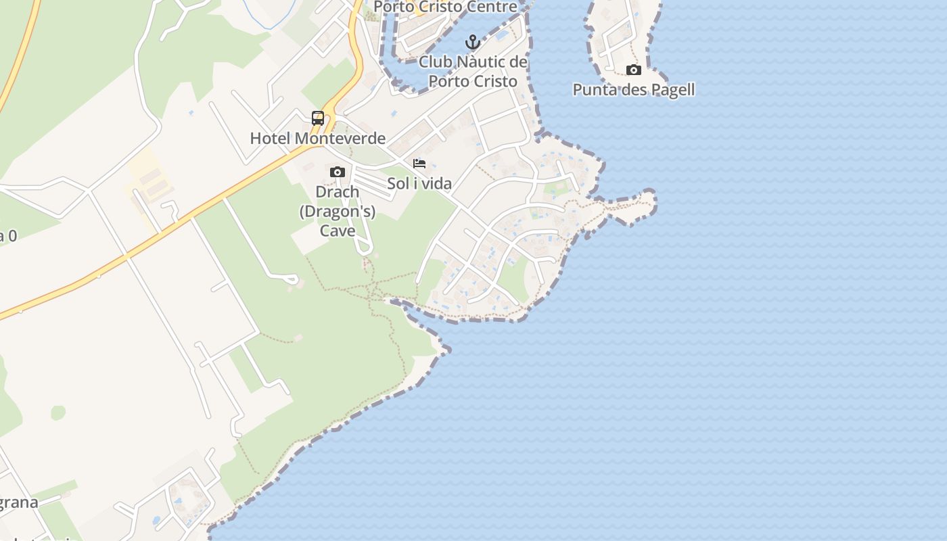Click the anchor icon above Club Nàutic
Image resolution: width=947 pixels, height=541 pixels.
click(472, 43)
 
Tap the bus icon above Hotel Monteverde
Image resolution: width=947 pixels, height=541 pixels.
click(318, 118)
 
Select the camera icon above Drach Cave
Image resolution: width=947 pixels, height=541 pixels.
click(338, 172)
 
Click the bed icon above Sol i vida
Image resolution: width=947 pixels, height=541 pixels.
click(419, 164)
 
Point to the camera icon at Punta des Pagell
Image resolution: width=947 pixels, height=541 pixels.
click(634, 70)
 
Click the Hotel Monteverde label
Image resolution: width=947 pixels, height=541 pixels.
click(318, 139)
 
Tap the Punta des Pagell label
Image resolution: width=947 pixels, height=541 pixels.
click(634, 90)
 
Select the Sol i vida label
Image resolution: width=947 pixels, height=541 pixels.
click(419, 183)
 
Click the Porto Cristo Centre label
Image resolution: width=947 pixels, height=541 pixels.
click(445, 7)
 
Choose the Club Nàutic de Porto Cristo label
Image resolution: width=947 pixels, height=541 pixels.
click(473, 72)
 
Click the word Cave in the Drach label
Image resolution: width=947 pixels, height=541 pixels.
click(338, 231)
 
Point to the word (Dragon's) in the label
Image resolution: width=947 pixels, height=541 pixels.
click(338, 211)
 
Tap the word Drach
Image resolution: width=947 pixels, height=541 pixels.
click(338, 192)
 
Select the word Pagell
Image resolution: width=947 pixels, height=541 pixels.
click(672, 90)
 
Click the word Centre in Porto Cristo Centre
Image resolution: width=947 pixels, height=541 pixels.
click(493, 7)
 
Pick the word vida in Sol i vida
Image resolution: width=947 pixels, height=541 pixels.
click(436, 183)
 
